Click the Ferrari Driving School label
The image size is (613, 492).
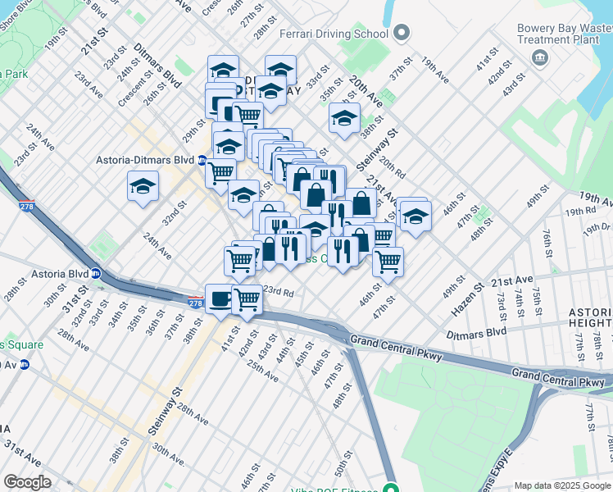[x=334, y=34]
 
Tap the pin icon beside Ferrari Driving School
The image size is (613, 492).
[x=401, y=34]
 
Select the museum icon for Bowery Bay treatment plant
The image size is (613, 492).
[x=540, y=57]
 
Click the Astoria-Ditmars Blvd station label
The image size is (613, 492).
[x=145, y=160]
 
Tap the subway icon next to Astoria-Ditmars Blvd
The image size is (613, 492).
[x=202, y=160]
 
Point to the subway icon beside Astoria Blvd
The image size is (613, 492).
[x=96, y=274]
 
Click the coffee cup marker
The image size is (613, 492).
[x=219, y=299]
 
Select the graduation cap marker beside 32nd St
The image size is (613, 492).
[x=143, y=186]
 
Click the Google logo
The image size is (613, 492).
[x=28, y=482]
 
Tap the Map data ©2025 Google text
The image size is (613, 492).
[x=562, y=485]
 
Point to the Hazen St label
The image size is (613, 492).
[x=468, y=300]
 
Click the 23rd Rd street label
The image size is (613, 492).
[x=278, y=291]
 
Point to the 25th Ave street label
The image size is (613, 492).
[x=262, y=371]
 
